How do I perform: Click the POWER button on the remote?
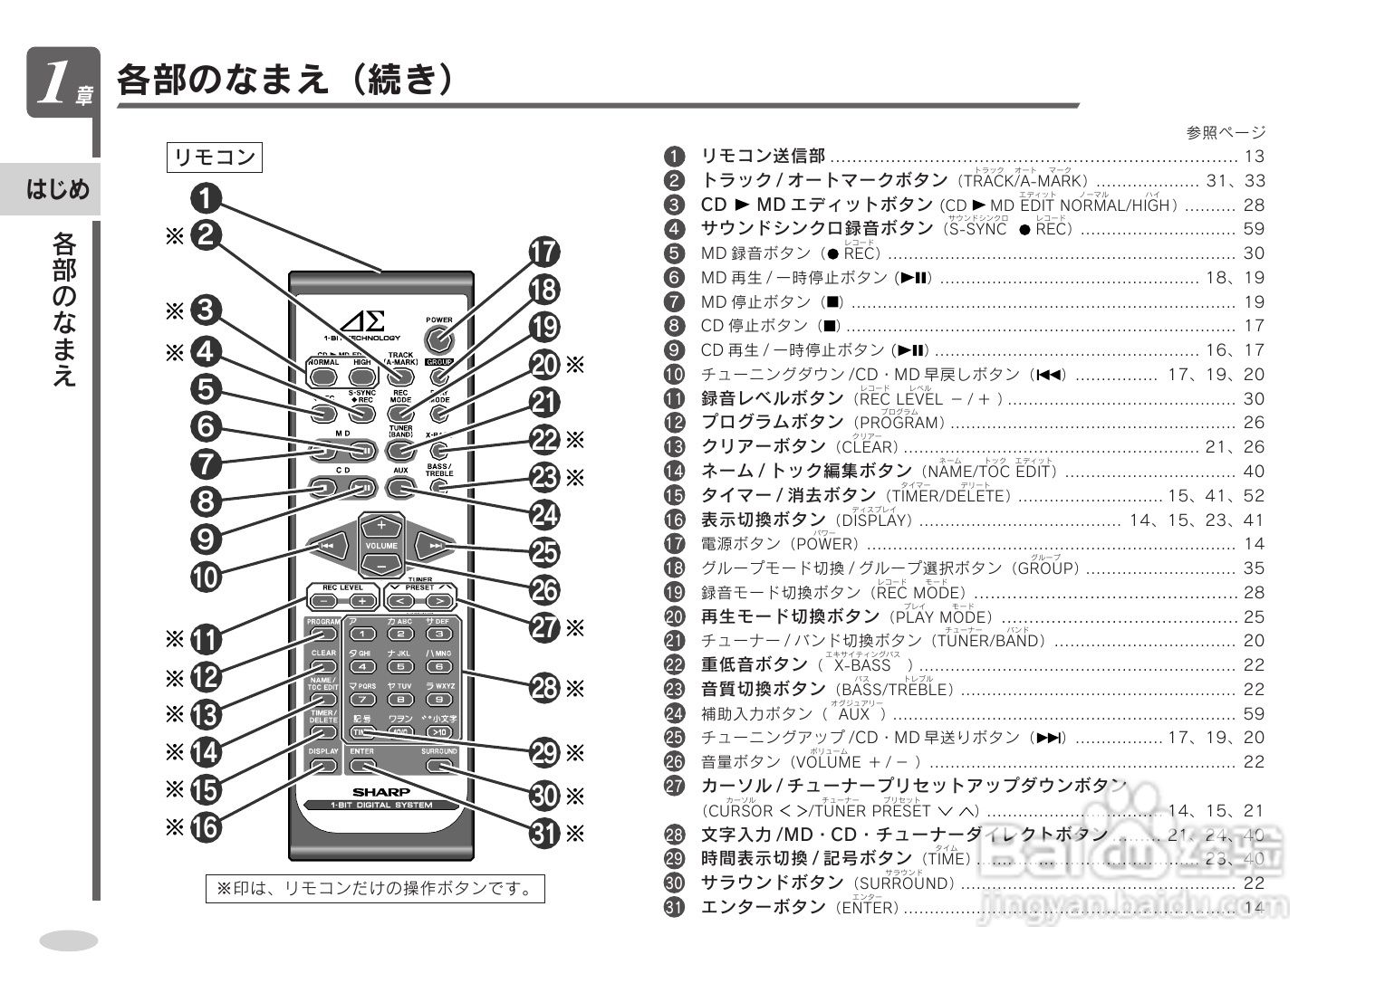click(x=439, y=340)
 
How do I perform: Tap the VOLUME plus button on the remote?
click(x=381, y=525)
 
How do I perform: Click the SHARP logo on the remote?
click(x=381, y=791)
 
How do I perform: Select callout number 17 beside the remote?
click(x=544, y=253)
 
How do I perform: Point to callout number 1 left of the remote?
click(x=206, y=197)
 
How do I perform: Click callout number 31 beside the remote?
click(x=544, y=833)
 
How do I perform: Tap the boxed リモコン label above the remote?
click(x=215, y=157)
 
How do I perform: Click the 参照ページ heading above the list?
click(x=1226, y=132)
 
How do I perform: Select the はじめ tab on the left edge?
click(x=58, y=189)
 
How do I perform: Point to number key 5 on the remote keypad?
click(x=400, y=666)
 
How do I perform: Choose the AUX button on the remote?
click(x=400, y=487)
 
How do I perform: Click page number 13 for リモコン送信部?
click(x=1254, y=157)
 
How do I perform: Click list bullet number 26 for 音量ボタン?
click(x=675, y=761)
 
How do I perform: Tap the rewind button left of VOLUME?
click(x=328, y=546)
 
